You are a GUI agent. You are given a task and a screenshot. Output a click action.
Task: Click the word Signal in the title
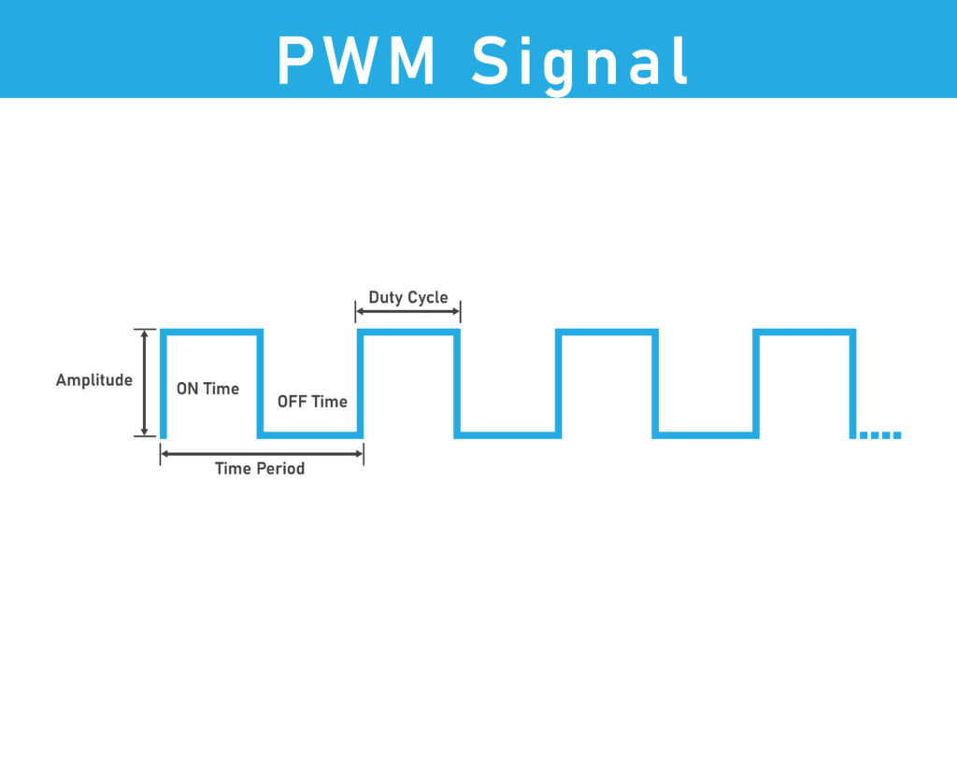[x=580, y=64]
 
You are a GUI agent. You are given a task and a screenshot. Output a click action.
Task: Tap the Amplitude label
[x=93, y=380]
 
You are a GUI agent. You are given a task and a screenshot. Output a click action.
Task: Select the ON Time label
[x=207, y=389]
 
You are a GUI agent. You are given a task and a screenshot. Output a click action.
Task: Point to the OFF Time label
[x=312, y=402]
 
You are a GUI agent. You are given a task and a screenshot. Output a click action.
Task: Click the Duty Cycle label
[x=407, y=298]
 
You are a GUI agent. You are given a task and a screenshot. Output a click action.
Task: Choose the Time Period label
[x=260, y=468]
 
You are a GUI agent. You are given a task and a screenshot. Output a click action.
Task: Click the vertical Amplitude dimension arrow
[x=144, y=382]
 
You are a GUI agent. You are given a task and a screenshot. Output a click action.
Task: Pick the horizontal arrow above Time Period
[x=262, y=454]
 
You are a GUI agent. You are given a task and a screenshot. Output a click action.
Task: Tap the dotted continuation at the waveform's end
[x=879, y=435]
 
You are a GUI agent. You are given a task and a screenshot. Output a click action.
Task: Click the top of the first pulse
[x=210, y=332]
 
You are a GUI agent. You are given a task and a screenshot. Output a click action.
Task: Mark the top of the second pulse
[x=408, y=332]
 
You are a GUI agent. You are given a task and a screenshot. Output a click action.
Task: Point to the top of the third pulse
[x=607, y=332]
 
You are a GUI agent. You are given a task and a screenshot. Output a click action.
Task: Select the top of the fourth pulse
[x=805, y=332]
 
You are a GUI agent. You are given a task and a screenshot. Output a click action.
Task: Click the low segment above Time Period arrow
[x=309, y=434]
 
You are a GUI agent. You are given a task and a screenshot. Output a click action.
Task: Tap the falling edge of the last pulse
[x=853, y=383]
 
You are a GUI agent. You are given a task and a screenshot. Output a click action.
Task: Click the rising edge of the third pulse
[x=558, y=383]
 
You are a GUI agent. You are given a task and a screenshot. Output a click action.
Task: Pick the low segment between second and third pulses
[x=507, y=434]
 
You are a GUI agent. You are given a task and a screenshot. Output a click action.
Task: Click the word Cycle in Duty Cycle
[x=428, y=298]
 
